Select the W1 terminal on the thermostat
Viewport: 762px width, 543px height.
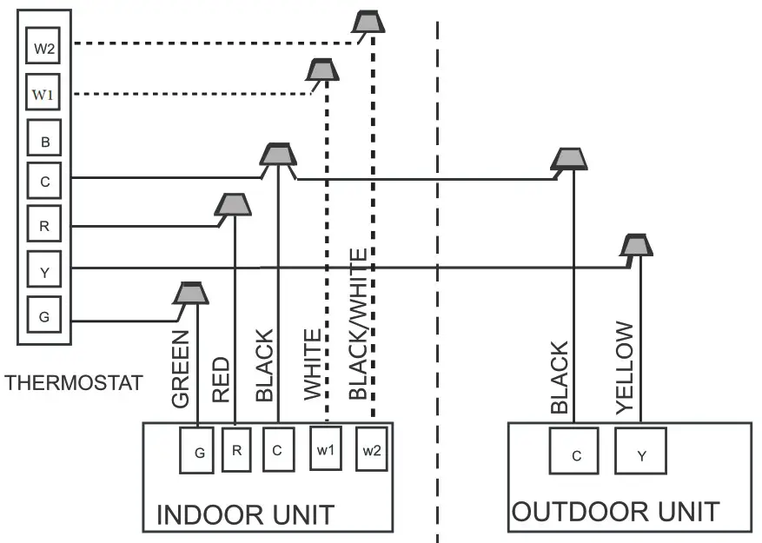(x=43, y=91)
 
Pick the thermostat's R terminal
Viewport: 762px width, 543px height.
(x=43, y=226)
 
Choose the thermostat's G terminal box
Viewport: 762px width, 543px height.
(x=43, y=316)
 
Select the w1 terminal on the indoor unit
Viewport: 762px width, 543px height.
(x=326, y=449)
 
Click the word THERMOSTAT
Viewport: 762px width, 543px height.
(x=73, y=383)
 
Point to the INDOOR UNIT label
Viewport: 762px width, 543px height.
(x=244, y=514)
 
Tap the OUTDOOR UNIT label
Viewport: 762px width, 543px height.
(x=615, y=511)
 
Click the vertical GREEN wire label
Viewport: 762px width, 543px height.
(x=181, y=369)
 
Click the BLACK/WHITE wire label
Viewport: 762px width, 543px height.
(x=358, y=324)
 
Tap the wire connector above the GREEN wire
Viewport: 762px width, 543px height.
(x=189, y=293)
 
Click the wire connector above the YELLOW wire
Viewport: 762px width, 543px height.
(x=637, y=245)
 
